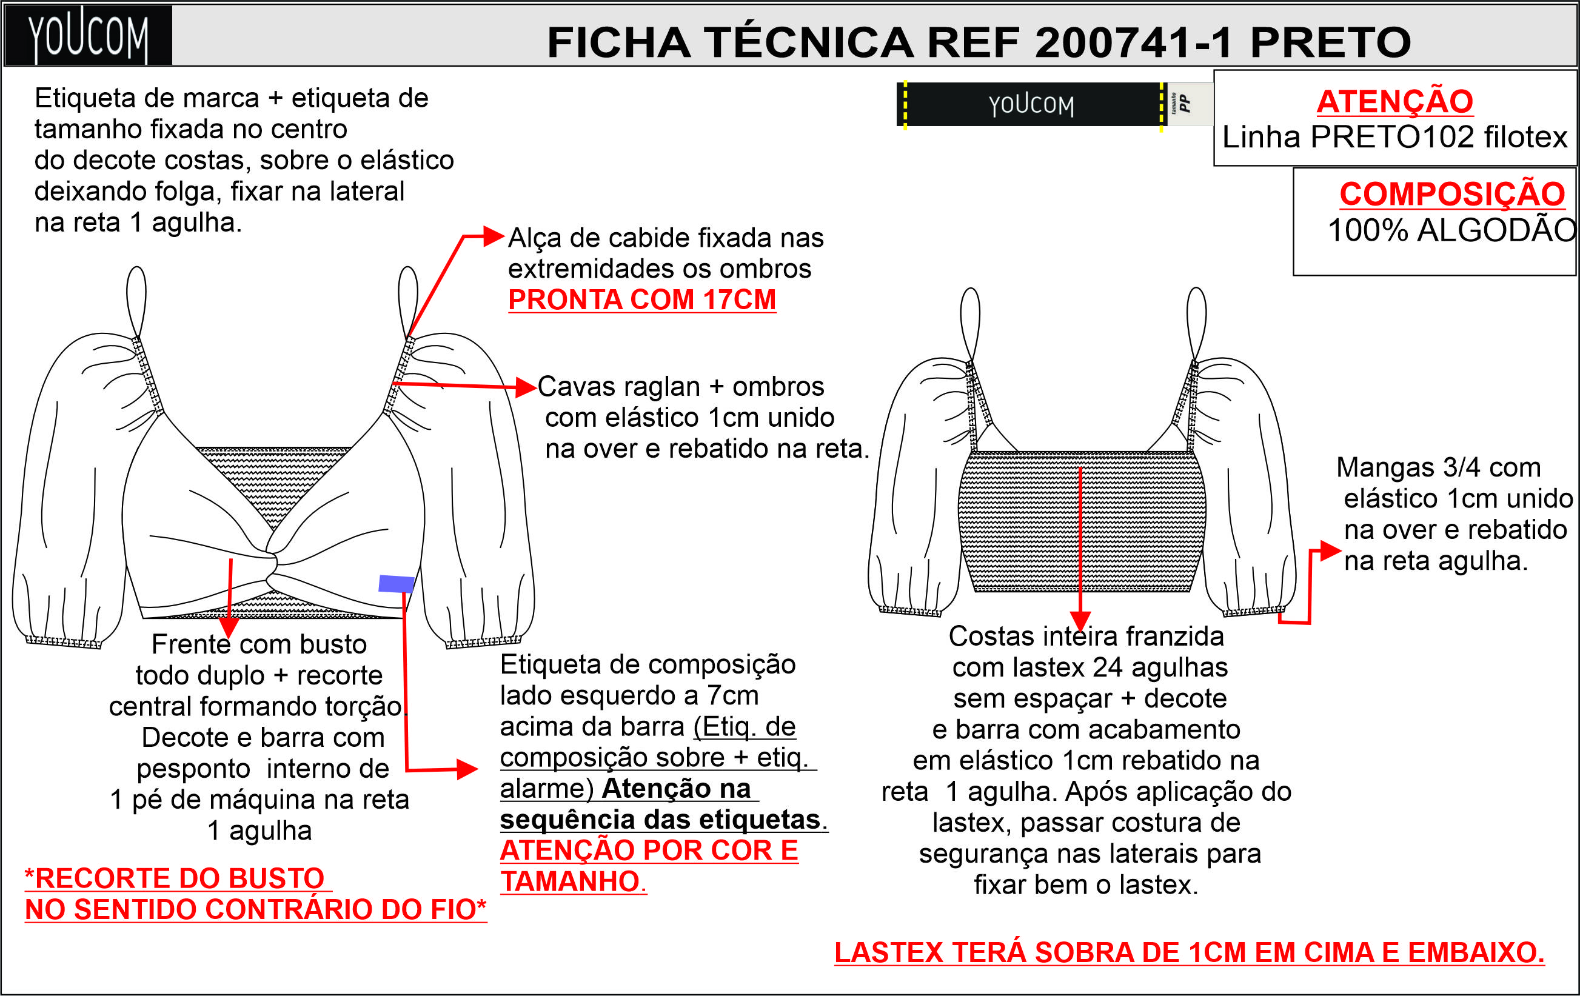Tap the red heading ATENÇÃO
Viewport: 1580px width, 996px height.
(1395, 101)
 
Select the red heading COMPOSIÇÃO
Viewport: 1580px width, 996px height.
(1453, 193)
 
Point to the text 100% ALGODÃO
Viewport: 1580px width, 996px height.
(1452, 230)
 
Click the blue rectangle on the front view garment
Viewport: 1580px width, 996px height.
(397, 583)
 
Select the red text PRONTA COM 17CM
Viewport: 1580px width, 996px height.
(641, 300)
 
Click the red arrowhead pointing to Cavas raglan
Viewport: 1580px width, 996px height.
(527, 387)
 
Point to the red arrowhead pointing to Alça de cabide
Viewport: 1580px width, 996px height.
(494, 236)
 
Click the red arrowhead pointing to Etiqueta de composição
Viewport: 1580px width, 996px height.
(468, 769)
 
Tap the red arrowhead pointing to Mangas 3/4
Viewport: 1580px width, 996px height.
(1331, 550)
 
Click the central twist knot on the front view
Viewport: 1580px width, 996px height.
(273, 563)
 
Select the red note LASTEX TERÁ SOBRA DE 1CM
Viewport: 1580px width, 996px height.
(1189, 953)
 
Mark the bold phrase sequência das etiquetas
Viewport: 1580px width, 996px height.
(660, 820)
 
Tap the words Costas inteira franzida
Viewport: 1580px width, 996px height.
(1086, 637)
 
